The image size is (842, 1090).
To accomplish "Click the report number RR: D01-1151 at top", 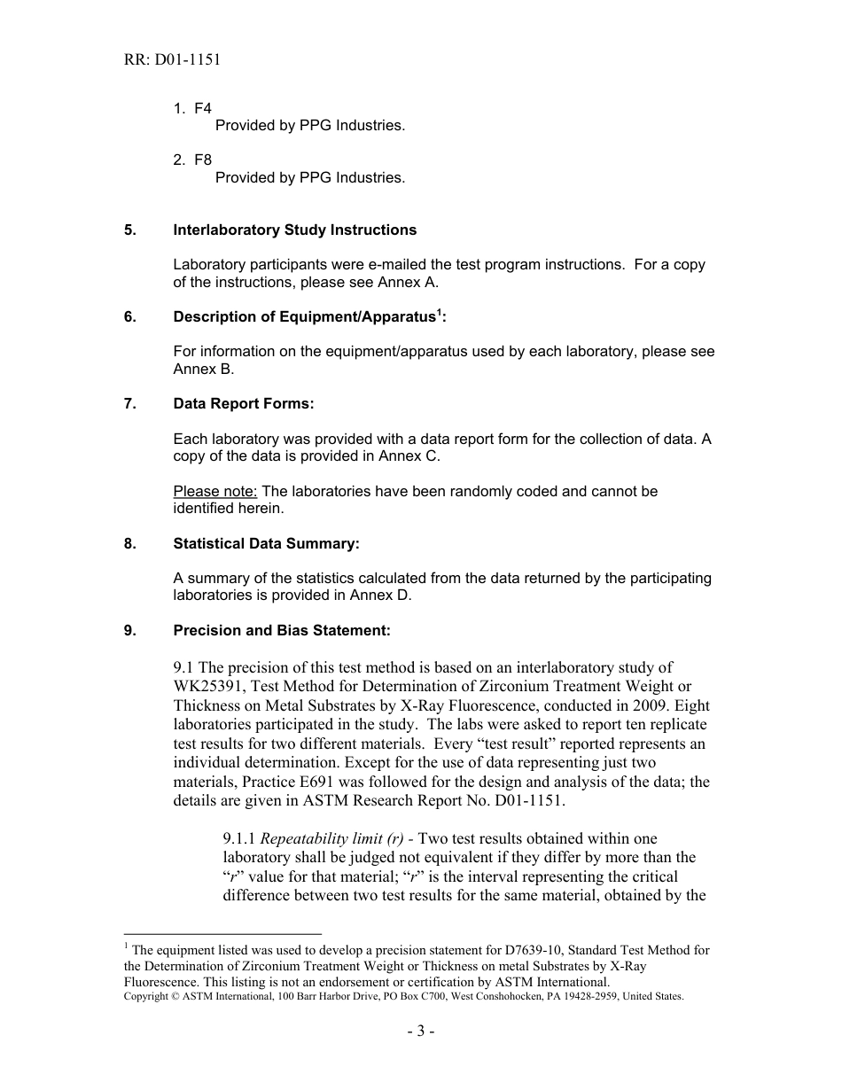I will [172, 60].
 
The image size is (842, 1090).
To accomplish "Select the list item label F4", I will [203, 108].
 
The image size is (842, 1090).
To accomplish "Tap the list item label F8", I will [203, 160].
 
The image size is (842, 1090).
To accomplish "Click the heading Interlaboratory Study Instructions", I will [294, 230].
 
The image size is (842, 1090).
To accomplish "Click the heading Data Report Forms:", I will [243, 404].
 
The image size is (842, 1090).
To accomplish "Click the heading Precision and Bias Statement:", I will [281, 630].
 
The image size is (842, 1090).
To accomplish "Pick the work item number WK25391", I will [214, 687].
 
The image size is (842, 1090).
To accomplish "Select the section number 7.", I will [129, 404].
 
